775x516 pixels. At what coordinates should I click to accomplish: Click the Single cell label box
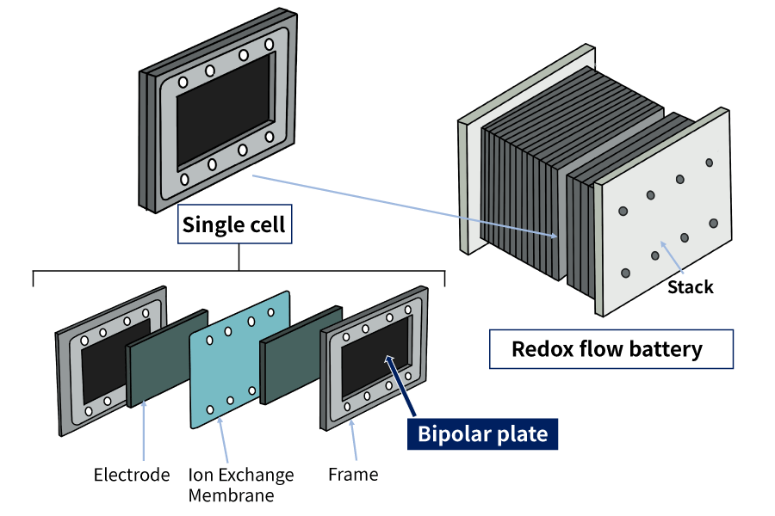(x=233, y=226)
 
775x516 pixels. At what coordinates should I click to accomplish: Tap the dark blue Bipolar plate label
(x=482, y=433)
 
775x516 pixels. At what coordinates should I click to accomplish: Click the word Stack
(x=691, y=286)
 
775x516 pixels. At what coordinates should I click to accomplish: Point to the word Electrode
(x=132, y=475)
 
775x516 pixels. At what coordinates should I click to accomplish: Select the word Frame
(x=353, y=474)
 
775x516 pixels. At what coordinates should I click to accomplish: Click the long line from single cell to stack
(x=405, y=206)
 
